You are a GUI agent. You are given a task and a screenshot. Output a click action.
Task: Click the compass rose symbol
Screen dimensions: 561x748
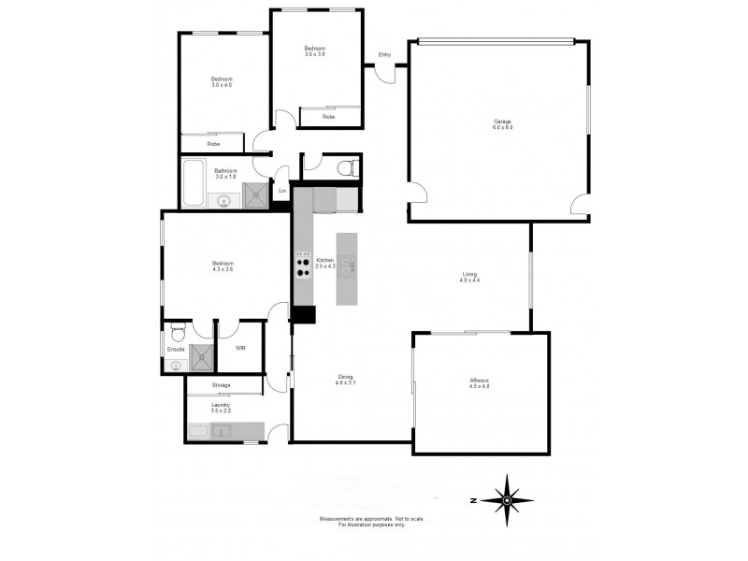pos(506,499)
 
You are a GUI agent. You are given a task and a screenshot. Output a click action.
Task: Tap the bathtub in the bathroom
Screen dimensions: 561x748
pos(194,183)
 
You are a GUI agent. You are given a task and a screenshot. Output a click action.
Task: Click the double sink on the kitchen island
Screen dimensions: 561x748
pos(346,266)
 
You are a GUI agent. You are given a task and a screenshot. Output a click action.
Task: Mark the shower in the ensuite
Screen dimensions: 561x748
pos(201,357)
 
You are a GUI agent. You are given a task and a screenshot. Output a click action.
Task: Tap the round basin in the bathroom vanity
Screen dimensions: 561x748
pos(223,199)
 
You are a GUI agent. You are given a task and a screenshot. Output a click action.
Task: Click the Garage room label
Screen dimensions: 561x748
pos(503,122)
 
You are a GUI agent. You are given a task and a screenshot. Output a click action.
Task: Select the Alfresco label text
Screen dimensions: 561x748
pos(480,380)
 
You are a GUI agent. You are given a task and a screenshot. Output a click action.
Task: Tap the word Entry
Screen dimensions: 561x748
pos(384,54)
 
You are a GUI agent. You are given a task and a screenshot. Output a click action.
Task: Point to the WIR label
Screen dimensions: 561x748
pos(240,349)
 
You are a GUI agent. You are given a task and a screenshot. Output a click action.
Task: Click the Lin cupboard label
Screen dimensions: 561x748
pos(281,191)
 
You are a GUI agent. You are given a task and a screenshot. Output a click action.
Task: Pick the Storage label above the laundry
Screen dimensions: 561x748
pos(221,385)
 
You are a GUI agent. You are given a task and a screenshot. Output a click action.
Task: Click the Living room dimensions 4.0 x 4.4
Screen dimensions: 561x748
pos(469,280)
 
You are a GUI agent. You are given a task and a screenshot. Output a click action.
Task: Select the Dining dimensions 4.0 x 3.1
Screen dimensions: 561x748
pos(346,383)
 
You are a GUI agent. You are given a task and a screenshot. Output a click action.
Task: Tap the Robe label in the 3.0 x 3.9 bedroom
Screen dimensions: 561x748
pos(328,117)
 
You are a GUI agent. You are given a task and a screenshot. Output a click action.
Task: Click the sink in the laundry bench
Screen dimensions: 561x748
pos(221,431)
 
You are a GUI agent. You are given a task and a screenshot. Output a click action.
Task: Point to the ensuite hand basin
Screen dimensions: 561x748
pos(176,366)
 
